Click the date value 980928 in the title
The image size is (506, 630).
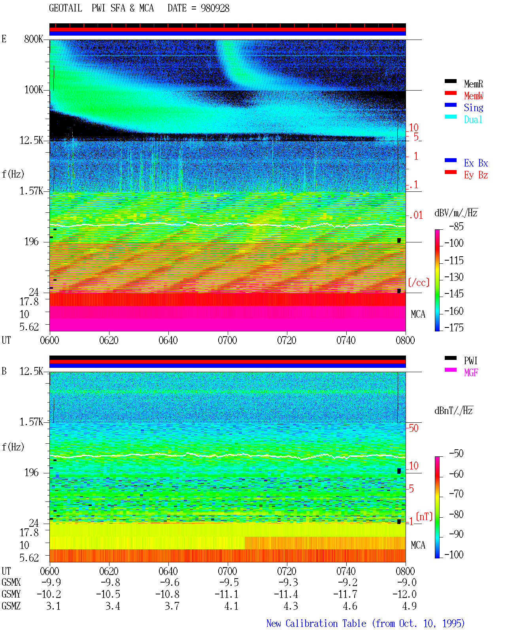click(x=215, y=8)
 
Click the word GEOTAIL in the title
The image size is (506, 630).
click(x=66, y=8)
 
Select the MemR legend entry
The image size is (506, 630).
click(x=474, y=84)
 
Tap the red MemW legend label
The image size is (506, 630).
click(x=474, y=96)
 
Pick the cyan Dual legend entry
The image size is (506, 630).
click(x=473, y=119)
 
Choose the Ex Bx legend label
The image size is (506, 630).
click(x=476, y=163)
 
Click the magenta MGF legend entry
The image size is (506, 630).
click(x=471, y=373)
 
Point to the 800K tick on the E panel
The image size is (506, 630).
click(x=34, y=39)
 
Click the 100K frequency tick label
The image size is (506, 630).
click(x=34, y=90)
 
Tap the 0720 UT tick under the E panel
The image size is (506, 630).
click(x=287, y=340)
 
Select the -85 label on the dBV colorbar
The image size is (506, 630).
click(x=457, y=226)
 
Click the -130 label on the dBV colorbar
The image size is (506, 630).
click(x=454, y=277)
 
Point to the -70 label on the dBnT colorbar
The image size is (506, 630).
click(x=457, y=494)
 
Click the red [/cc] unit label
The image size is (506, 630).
click(x=419, y=282)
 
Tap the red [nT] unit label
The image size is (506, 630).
click(x=424, y=516)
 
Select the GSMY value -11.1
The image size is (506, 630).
click(x=227, y=594)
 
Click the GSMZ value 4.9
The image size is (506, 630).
click(x=410, y=606)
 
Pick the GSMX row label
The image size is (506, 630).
click(x=11, y=582)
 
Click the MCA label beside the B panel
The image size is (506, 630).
click(x=418, y=545)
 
